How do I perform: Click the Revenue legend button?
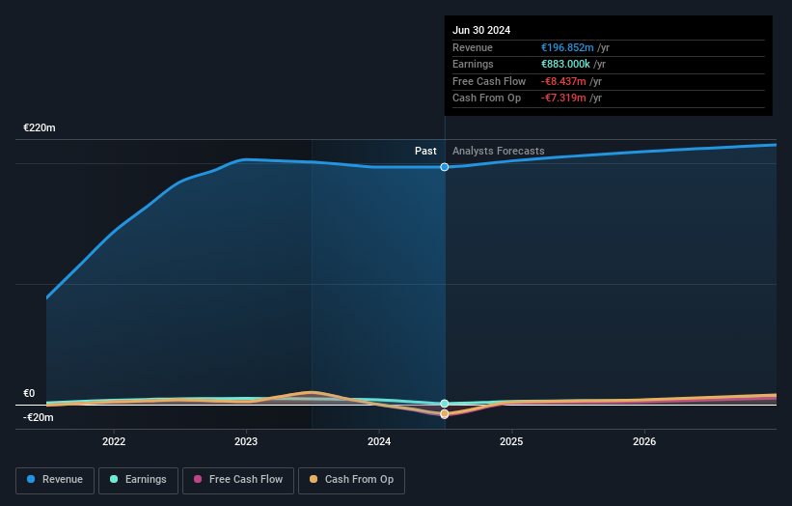[x=55, y=480]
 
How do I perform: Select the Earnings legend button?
[x=138, y=480]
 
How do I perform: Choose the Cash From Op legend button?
[x=352, y=480]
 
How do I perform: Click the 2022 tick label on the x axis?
[x=114, y=441]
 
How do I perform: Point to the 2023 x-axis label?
[x=246, y=441]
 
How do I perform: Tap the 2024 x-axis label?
[x=379, y=441]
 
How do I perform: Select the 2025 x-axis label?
[x=511, y=441]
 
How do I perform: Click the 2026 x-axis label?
[x=644, y=441]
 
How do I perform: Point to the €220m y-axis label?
[x=40, y=128]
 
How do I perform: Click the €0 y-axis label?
[x=29, y=394]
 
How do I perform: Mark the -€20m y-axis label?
[x=39, y=417]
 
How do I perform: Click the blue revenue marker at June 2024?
[x=445, y=167]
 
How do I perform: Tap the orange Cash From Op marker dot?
[x=445, y=414]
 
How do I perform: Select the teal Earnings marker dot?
[x=445, y=404]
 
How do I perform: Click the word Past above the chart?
[x=425, y=152]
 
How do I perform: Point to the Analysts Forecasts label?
[x=498, y=152]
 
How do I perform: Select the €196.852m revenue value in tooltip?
[x=567, y=48]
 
